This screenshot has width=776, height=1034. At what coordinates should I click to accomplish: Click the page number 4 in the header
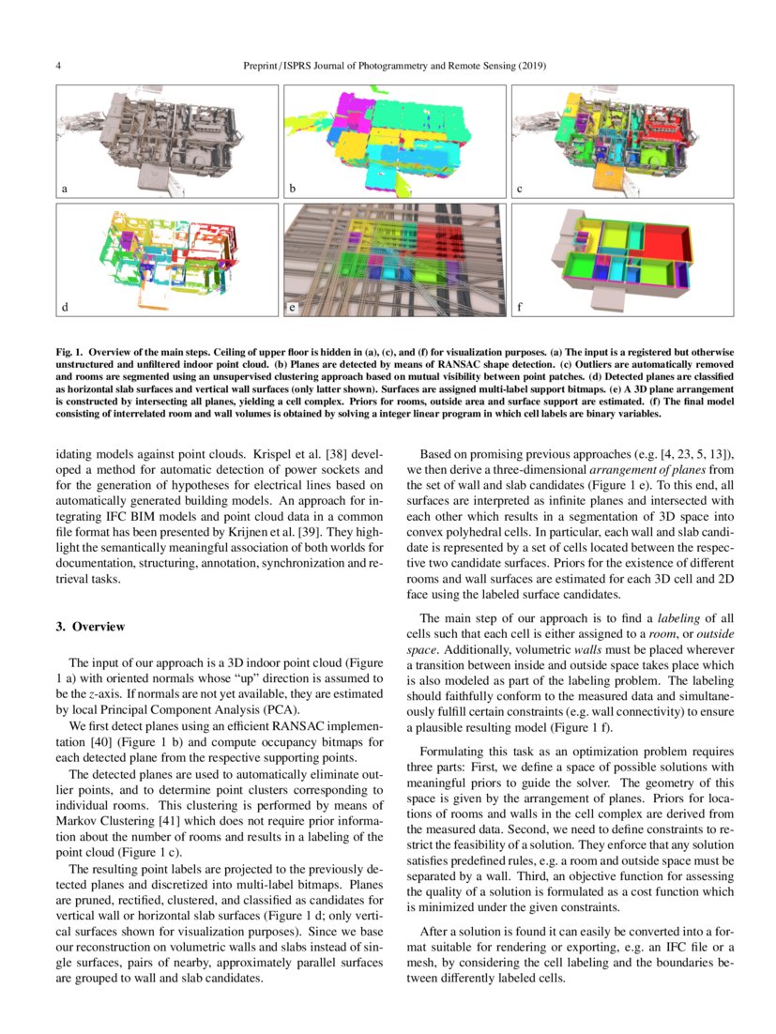tap(59, 67)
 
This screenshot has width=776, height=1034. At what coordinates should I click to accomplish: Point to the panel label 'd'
tap(65, 307)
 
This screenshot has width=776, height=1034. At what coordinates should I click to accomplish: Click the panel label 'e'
tap(292, 307)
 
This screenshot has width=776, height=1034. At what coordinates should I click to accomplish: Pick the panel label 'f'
tap(519, 307)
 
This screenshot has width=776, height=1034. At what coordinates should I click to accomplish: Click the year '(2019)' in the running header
tap(529, 67)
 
